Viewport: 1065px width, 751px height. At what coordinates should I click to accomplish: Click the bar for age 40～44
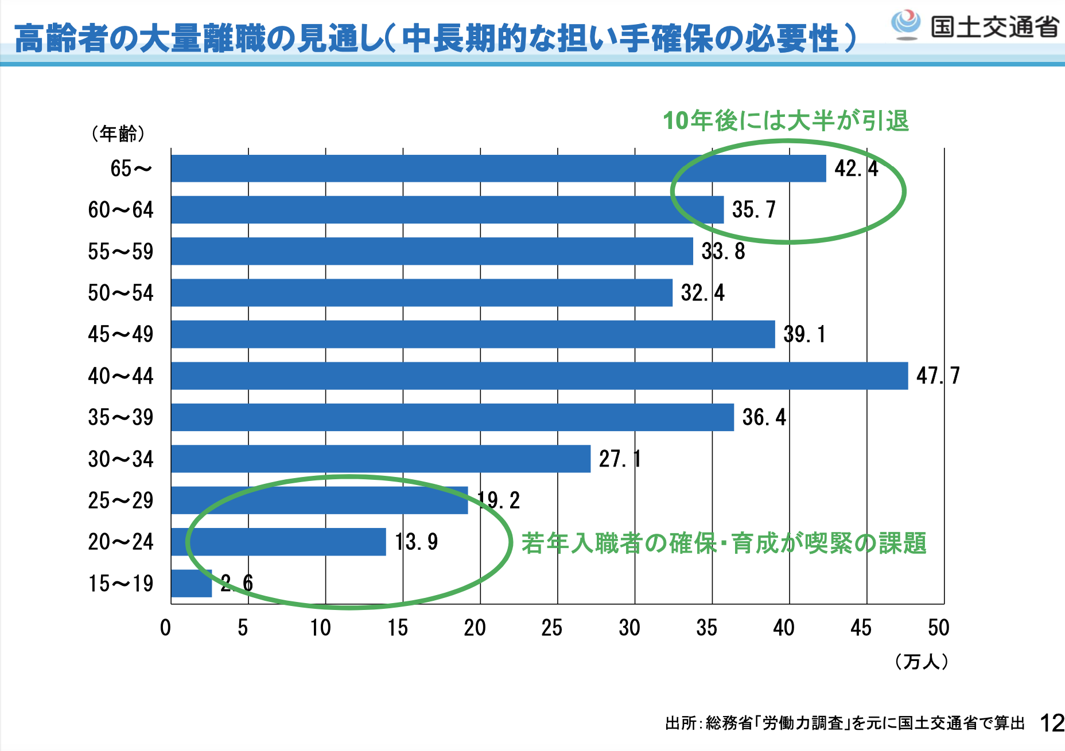click(x=539, y=376)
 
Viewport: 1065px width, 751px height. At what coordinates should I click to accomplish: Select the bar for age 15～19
click(x=192, y=584)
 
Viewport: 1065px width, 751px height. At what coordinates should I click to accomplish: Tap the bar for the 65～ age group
click(x=498, y=169)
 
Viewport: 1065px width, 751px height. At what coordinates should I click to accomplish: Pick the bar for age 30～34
click(x=380, y=459)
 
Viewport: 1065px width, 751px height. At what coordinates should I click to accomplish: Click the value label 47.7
click(x=938, y=376)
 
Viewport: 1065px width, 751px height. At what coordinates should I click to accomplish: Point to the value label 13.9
click(x=417, y=542)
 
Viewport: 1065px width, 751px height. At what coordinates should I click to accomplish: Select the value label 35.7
click(x=753, y=210)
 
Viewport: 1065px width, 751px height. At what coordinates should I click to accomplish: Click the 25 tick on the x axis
click(x=552, y=628)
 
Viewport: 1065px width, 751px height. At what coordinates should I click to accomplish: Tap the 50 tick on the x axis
click(x=938, y=628)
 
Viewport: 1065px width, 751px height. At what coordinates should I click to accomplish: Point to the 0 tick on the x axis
click(x=166, y=628)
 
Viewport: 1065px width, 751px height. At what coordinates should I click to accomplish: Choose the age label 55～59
click(x=121, y=252)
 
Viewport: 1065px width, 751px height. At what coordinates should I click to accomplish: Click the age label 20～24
click(x=121, y=542)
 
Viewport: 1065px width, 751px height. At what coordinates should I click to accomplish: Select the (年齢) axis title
click(x=118, y=134)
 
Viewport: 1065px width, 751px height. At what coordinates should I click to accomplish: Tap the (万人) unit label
click(x=922, y=662)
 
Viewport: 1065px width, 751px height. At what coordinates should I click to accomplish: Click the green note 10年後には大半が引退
click(x=786, y=121)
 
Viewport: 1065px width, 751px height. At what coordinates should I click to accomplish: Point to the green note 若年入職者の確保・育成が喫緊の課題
click(x=724, y=543)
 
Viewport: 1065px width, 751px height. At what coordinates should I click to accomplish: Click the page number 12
click(x=1052, y=723)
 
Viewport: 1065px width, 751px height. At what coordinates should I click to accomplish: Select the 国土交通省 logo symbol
click(x=905, y=24)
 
